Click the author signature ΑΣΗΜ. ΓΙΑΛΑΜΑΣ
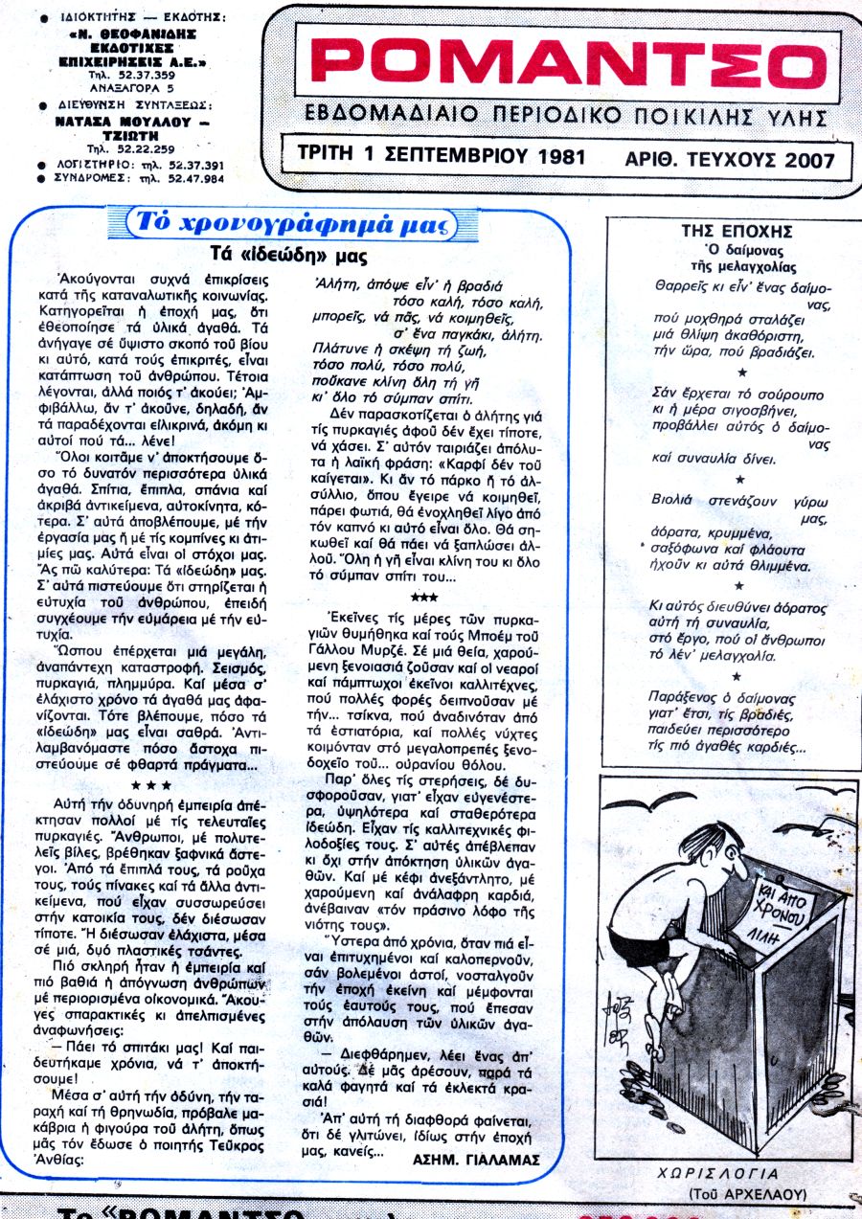click(x=476, y=1159)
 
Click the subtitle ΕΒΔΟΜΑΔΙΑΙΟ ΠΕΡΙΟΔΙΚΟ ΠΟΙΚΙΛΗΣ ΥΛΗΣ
click(x=565, y=117)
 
